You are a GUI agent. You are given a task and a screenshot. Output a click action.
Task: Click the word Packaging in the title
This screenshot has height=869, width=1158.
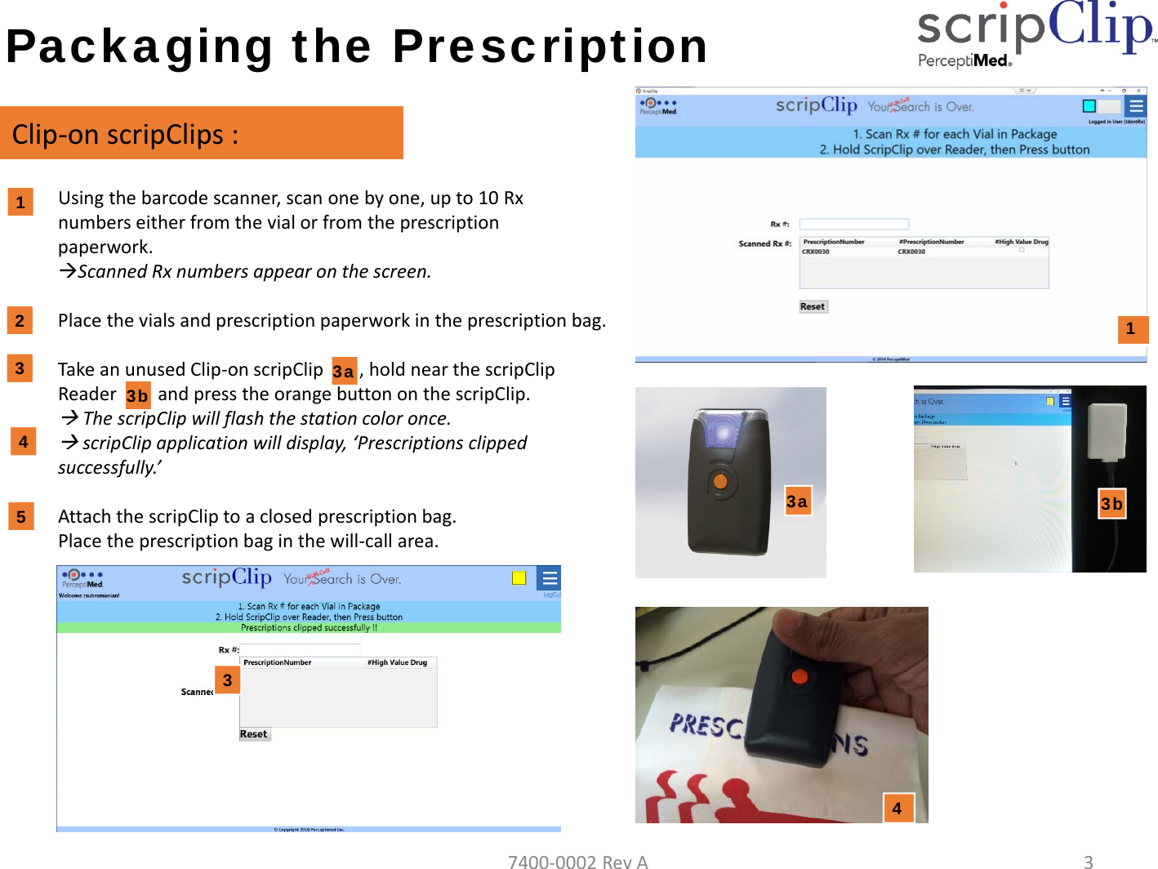(x=140, y=47)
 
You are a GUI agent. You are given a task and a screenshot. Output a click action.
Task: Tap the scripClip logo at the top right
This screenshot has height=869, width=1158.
(x=1036, y=33)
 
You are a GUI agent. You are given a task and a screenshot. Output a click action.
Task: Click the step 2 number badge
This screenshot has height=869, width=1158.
(x=20, y=320)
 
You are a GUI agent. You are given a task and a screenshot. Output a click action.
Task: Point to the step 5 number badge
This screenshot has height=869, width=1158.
(x=21, y=517)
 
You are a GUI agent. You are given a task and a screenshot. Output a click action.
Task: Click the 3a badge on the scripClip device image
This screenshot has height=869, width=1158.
(x=797, y=501)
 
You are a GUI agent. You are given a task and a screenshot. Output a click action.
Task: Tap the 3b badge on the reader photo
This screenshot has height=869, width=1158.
(x=1111, y=504)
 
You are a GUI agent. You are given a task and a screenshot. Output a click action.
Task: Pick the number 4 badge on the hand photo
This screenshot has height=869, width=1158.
(x=897, y=809)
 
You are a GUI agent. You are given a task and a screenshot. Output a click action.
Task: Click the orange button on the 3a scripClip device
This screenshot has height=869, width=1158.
(x=719, y=482)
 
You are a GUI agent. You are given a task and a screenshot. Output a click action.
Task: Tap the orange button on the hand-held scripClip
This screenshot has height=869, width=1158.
(x=799, y=676)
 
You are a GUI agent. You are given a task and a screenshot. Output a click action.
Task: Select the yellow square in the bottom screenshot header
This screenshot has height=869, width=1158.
(x=519, y=578)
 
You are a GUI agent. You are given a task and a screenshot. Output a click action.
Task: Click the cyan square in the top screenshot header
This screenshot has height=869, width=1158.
(x=1089, y=106)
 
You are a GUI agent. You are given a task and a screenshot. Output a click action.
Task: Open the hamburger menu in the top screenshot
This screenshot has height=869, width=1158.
(x=1135, y=106)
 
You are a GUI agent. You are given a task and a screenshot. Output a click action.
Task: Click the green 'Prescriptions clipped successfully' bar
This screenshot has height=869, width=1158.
(x=309, y=628)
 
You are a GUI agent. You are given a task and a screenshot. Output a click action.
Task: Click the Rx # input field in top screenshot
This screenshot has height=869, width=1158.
(x=853, y=224)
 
